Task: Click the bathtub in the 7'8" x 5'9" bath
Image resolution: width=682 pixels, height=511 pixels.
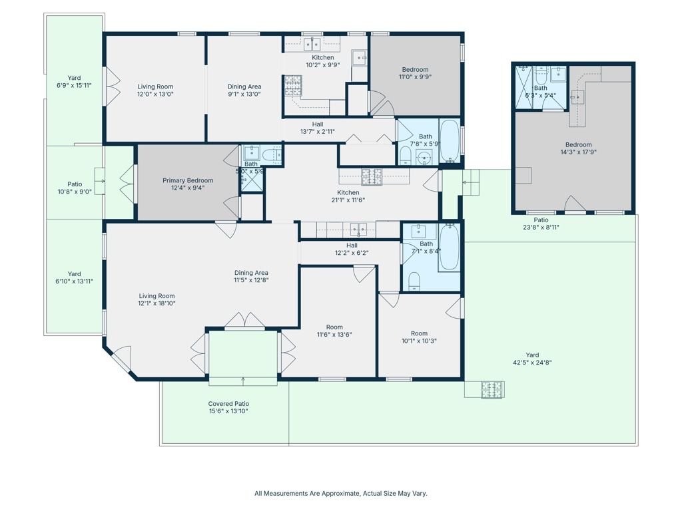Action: (450, 140)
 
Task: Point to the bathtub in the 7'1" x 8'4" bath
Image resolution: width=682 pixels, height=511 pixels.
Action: (449, 247)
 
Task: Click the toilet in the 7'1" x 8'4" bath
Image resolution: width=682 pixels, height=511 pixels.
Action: (413, 281)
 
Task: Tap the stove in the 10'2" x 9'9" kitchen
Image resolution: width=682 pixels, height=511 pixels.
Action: (293, 86)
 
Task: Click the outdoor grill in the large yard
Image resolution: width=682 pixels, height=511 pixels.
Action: (493, 389)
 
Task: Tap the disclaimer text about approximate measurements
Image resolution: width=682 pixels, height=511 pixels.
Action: (341, 493)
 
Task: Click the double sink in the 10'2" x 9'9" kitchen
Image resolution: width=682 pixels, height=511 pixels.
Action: (312, 44)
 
